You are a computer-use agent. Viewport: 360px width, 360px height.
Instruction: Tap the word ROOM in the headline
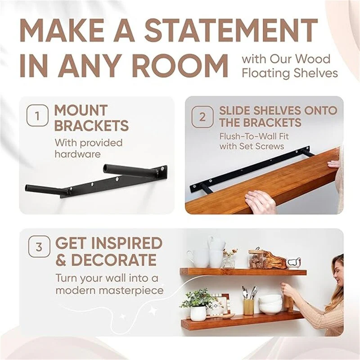[x=180, y=66]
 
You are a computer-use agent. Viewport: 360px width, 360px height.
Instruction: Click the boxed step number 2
[x=203, y=117]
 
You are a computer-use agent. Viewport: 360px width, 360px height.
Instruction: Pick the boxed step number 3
[x=39, y=247]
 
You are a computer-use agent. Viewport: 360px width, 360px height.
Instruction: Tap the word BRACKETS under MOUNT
[x=91, y=126]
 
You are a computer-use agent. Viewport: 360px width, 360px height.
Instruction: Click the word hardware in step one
[x=77, y=154]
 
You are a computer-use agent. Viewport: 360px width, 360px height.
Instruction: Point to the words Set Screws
[x=265, y=146]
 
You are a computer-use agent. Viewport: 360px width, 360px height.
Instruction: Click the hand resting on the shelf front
[x=260, y=201]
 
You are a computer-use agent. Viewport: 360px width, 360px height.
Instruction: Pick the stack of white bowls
[x=270, y=304]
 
